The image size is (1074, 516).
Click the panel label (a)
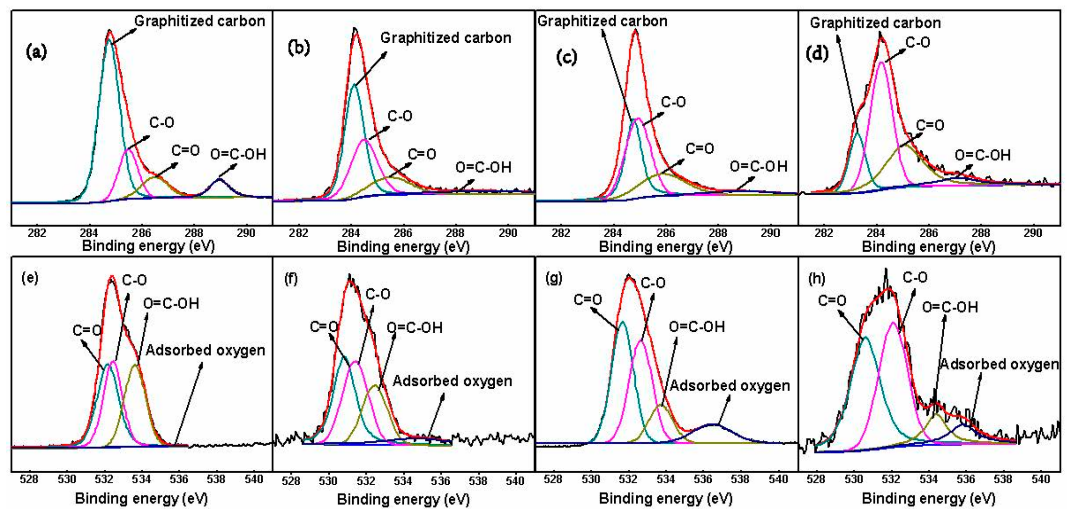coord(36,53)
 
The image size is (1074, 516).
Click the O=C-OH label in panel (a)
coord(238,155)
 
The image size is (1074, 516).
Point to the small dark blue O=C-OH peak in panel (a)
coord(219,180)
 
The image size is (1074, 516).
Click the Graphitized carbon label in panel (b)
coord(445,38)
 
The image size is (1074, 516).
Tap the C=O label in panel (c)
coord(700,148)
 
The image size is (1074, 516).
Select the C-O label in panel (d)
coord(918,42)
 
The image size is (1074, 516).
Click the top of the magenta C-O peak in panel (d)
coord(882,62)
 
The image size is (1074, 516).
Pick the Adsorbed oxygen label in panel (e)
coord(205,350)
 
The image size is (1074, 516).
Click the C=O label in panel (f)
coord(323,327)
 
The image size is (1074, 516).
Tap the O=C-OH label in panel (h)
coord(949,307)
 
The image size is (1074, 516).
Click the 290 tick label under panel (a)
coord(246,233)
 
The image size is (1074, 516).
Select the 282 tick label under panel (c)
coord(561,233)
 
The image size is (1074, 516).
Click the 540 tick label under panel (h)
coord(1040,479)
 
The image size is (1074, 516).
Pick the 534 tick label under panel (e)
coord(141,479)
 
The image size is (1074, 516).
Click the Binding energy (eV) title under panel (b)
coord(403,247)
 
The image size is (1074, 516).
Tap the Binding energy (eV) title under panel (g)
coord(665,499)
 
